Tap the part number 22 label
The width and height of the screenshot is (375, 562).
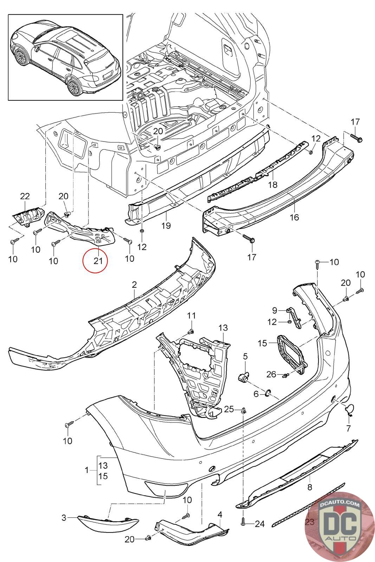[x=25, y=196]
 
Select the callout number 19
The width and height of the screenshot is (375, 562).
[x=166, y=225]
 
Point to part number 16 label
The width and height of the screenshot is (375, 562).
[x=294, y=217]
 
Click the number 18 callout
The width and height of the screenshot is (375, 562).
[x=272, y=184]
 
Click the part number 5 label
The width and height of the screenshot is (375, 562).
[x=245, y=357]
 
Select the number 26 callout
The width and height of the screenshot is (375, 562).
[x=271, y=375]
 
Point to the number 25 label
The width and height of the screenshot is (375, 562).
[x=229, y=409]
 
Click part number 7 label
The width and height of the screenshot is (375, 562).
[x=348, y=428]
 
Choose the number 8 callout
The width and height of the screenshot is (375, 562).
[x=310, y=488]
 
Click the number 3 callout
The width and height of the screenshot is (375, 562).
[x=64, y=517]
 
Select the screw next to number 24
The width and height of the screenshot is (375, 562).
[x=243, y=523]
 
